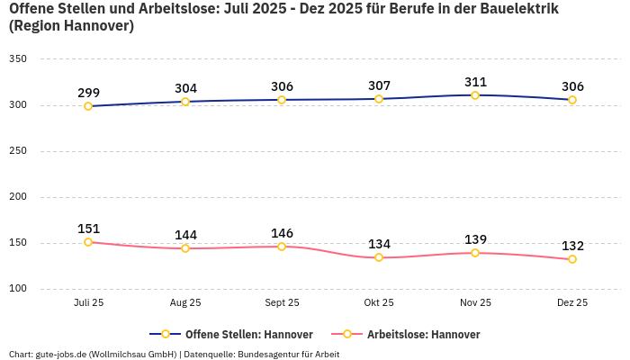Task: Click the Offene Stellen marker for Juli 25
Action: click(88, 106)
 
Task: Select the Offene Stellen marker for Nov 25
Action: click(475, 95)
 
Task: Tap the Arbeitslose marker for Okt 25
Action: click(379, 257)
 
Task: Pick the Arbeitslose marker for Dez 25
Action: click(572, 259)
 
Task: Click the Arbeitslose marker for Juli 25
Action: click(88, 242)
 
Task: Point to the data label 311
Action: click(475, 82)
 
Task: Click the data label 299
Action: click(88, 93)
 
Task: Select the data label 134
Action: click(379, 244)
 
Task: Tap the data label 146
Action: click(282, 233)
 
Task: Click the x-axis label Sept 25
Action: click(282, 303)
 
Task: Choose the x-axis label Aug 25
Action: click(185, 303)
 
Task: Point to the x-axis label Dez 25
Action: click(572, 303)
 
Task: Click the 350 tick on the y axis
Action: click(18, 59)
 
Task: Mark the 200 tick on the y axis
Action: click(18, 197)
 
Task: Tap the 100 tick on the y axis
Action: click(18, 289)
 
